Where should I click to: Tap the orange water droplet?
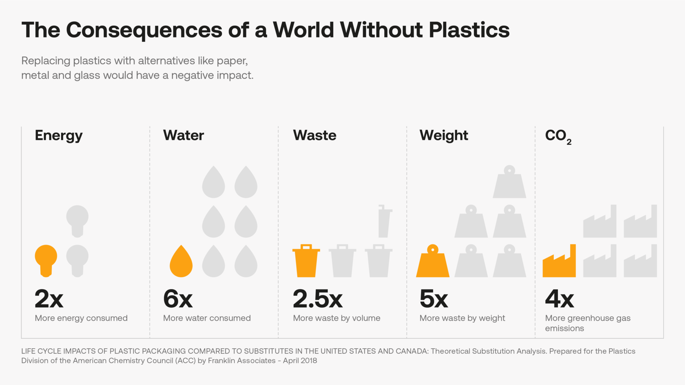point(181,263)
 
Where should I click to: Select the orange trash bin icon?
point(306,261)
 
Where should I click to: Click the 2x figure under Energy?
point(49,299)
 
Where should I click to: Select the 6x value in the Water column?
point(178,299)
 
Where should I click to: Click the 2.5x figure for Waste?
point(318,299)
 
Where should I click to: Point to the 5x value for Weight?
point(433,299)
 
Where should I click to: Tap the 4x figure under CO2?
point(559,299)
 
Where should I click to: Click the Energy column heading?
point(59,135)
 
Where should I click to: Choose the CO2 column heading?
point(558,136)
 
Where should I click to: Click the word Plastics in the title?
point(469,30)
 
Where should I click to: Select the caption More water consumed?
point(207,318)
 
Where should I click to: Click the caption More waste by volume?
point(336,318)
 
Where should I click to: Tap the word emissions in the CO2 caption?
point(564,328)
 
